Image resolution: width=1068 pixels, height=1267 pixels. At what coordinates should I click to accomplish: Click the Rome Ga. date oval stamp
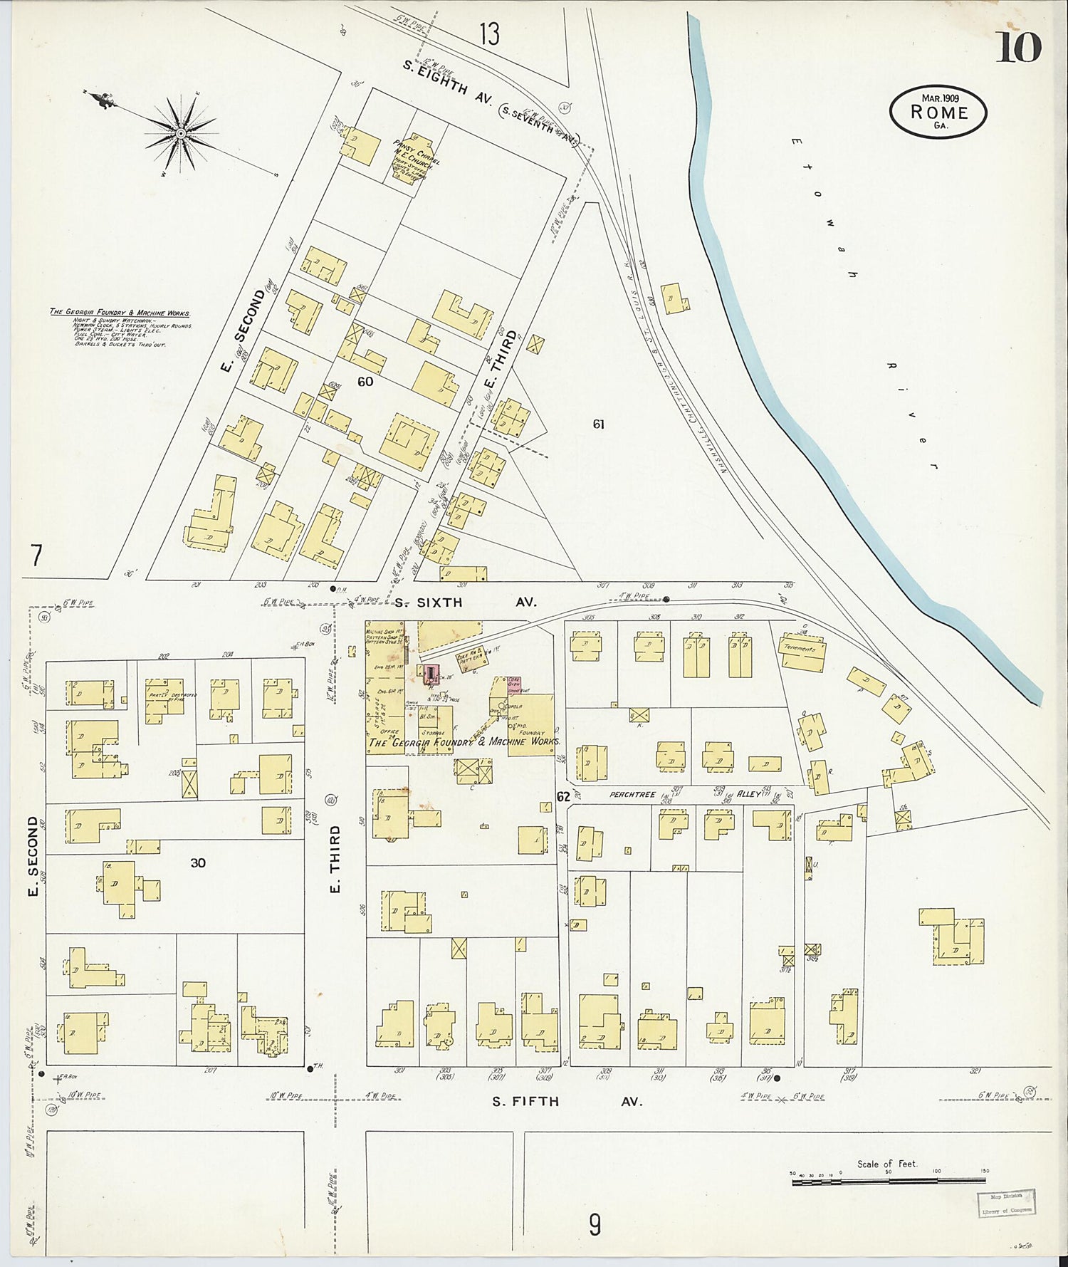(938, 113)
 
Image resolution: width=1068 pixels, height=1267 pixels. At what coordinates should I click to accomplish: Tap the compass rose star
(181, 132)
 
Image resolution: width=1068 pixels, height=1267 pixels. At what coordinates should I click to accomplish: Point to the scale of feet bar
(889, 1182)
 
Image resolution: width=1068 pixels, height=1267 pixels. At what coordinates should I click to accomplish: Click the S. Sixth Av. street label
(466, 602)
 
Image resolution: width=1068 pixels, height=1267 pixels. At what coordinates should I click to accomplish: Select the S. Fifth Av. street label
(567, 1101)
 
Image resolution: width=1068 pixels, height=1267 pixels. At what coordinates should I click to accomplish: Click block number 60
(365, 382)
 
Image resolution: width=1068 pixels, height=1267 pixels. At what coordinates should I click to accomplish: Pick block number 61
(599, 424)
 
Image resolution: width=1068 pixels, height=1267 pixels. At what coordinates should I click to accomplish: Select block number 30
(198, 862)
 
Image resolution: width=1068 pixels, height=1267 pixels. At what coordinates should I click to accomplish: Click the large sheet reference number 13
(489, 33)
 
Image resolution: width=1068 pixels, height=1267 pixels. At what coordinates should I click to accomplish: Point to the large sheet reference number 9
(595, 1224)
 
